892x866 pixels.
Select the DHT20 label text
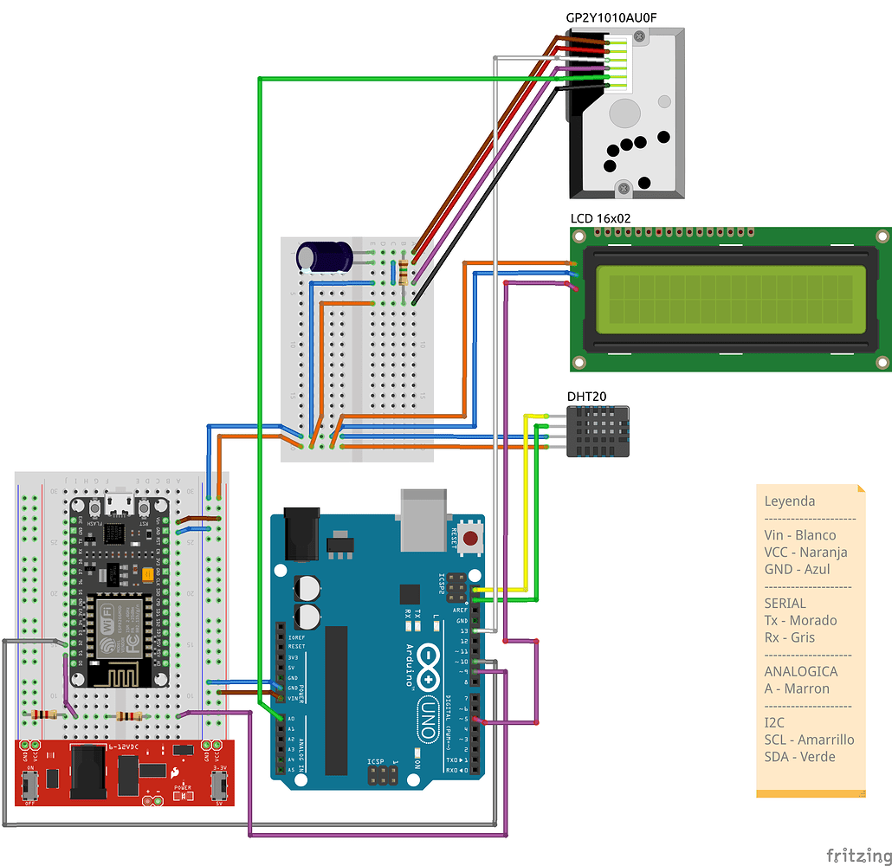586,397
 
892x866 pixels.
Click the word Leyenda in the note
789,501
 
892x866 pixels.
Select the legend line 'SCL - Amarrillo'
809,740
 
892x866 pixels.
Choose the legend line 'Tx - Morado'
800,620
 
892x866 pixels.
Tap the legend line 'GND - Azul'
797,569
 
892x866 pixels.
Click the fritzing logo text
857,855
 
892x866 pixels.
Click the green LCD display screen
730,299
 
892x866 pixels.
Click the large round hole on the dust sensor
624,113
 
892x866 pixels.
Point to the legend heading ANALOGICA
800,671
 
